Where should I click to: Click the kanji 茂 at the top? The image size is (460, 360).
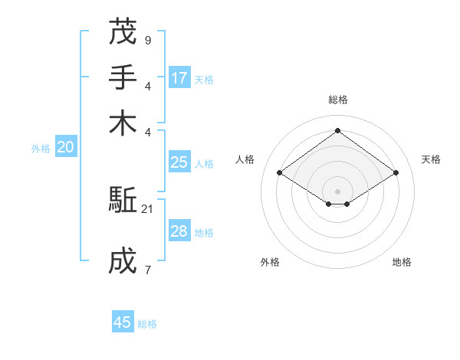(x=123, y=31)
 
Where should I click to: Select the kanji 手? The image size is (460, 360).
(x=123, y=77)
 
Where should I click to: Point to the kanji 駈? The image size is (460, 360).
(x=123, y=201)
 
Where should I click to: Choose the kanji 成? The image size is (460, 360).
(x=123, y=261)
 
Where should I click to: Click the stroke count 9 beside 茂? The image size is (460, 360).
(x=147, y=39)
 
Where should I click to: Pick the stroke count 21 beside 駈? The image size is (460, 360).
(x=148, y=208)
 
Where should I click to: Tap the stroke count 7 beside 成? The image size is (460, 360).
(x=147, y=269)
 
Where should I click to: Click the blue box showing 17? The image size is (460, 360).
(x=179, y=77)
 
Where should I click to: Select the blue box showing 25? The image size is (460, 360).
(x=179, y=162)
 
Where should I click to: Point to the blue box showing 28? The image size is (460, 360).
(x=179, y=231)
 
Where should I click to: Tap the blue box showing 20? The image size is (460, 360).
(x=65, y=148)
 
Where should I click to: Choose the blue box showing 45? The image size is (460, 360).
(x=123, y=322)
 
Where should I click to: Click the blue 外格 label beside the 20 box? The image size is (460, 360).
(x=41, y=149)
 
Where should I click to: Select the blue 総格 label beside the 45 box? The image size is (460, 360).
(x=147, y=324)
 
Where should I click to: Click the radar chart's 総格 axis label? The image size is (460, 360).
(x=337, y=100)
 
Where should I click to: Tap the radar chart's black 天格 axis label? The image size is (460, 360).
(x=431, y=159)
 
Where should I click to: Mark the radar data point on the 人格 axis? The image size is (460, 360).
(x=280, y=173)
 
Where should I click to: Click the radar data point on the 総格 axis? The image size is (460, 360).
(x=337, y=131)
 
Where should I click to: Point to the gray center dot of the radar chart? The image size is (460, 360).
(x=337, y=191)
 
